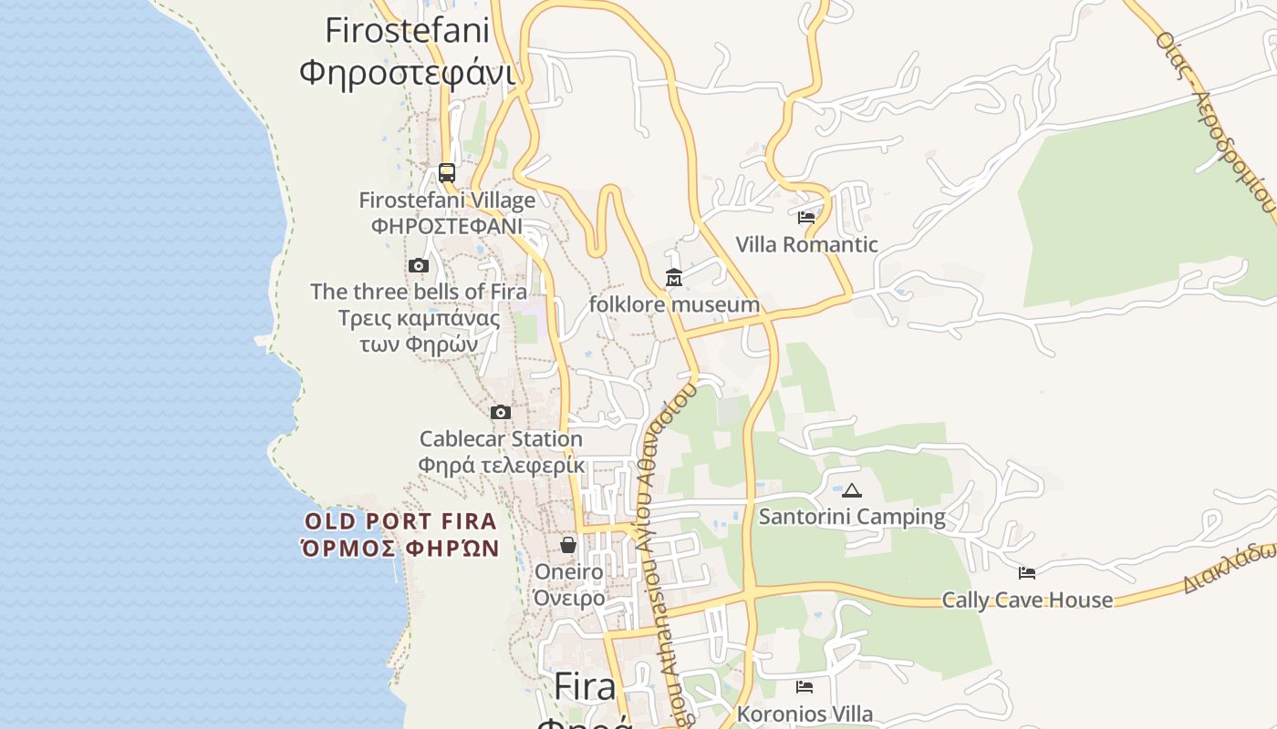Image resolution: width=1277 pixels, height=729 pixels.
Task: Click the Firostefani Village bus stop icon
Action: coord(447,172)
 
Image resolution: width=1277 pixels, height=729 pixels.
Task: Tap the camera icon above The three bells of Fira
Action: coord(419,266)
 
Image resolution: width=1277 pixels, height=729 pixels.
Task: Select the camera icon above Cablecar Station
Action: coord(501,412)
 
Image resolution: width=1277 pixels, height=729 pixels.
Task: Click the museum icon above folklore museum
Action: coord(674,278)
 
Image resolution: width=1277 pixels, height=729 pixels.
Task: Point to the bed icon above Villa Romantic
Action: coord(806,218)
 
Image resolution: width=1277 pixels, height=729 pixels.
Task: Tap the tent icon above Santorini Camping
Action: coord(852,490)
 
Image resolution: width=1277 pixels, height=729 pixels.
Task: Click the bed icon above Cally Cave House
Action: coord(1027,573)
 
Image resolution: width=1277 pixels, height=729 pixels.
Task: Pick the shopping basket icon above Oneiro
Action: coord(568,545)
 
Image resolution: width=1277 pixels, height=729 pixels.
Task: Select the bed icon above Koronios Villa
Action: coord(805,687)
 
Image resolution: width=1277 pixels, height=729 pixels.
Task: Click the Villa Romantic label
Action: coord(806,244)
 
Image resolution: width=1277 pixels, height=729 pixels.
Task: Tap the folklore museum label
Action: coord(674,304)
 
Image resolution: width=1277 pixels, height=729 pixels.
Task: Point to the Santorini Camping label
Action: coord(852,517)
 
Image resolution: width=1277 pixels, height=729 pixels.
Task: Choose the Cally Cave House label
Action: coord(1027,600)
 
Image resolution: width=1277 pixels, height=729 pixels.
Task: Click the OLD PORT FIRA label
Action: coord(400,521)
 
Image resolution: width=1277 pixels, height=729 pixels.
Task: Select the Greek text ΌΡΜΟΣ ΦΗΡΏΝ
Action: coord(400,549)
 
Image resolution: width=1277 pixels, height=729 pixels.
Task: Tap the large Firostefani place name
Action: coord(407,30)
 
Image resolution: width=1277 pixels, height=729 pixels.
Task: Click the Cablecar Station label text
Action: coord(501,438)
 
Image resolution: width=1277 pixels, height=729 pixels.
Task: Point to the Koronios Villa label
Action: coord(805,714)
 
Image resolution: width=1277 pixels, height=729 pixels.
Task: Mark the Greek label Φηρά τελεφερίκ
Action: coord(501,465)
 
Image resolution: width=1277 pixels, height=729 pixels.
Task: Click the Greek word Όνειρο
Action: coord(568,598)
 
